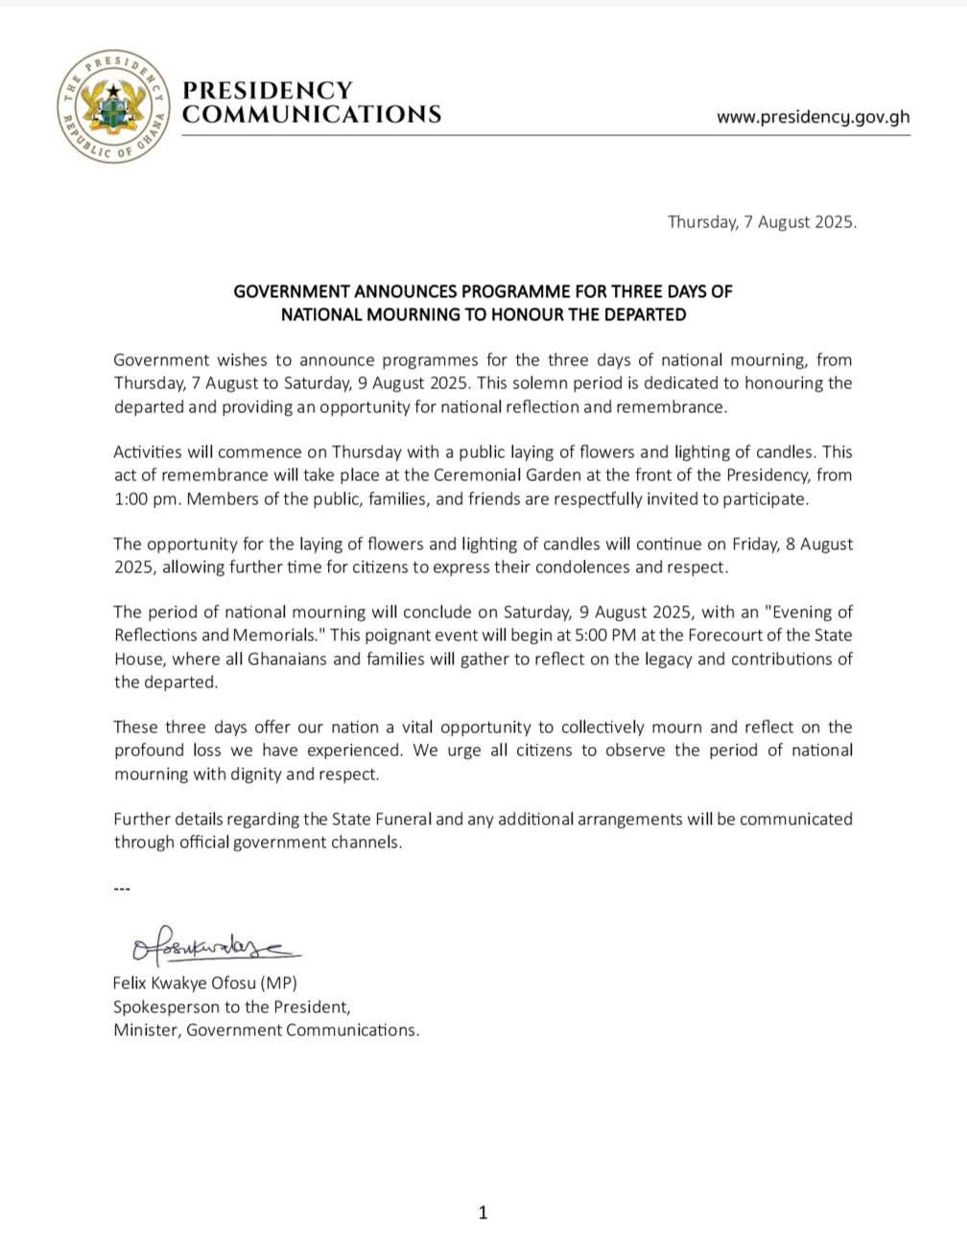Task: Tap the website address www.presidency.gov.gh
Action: (813, 117)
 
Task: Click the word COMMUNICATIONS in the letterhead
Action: (312, 115)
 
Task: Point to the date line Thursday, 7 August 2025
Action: (762, 221)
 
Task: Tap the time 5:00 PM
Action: (542, 635)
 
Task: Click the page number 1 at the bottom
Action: (483, 1213)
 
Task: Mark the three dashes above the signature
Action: (122, 889)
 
